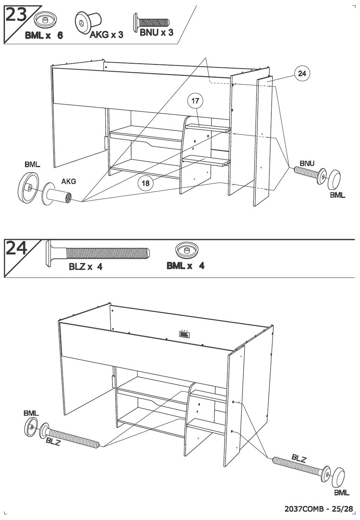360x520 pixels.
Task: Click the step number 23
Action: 16,15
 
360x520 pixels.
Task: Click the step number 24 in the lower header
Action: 16,248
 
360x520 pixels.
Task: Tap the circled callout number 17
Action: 195,101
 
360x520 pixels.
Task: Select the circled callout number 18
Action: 145,183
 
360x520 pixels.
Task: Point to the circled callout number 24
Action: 302,74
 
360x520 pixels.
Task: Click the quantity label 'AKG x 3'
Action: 106,35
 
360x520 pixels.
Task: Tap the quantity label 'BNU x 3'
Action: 156,33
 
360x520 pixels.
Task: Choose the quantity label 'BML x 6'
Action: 44,36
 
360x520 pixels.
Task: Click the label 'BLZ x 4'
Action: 85,267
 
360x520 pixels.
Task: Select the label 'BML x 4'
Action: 185,266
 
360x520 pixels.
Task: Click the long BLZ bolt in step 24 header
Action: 98,253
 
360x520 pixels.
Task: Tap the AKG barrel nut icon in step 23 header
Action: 88,22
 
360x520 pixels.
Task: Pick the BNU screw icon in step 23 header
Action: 151,22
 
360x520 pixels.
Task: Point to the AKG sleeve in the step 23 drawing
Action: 57,194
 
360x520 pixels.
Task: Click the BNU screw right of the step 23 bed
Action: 310,175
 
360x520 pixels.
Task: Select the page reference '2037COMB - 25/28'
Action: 318,509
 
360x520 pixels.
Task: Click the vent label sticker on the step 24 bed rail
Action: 185,334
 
